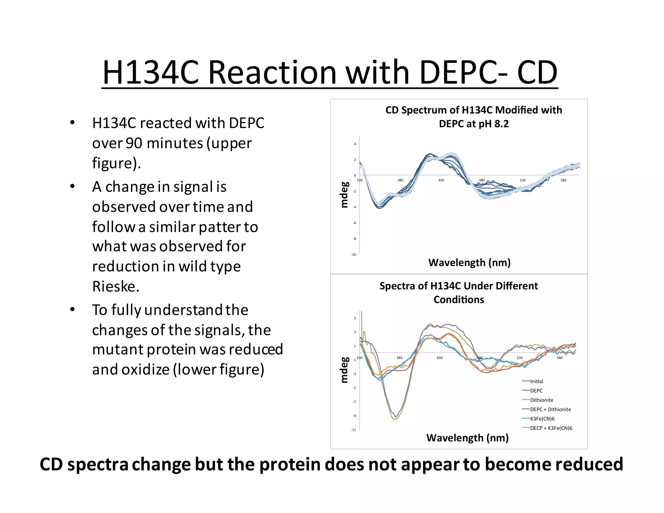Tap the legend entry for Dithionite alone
pyautogui.click(x=541, y=400)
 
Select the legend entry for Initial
pyautogui.click(x=536, y=381)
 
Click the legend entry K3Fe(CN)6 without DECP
pyautogui.click(x=542, y=419)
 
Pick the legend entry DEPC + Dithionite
pyautogui.click(x=550, y=409)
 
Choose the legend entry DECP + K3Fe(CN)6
pyautogui.click(x=551, y=428)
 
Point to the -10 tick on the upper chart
pyautogui.click(x=353, y=255)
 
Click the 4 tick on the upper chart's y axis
pyautogui.click(x=355, y=144)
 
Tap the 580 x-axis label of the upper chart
pyautogui.click(x=563, y=180)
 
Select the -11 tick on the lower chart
pyautogui.click(x=353, y=430)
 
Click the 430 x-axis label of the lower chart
pyautogui.click(x=439, y=358)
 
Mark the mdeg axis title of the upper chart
pyautogui.click(x=344, y=195)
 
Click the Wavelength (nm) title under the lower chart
pyautogui.click(x=467, y=438)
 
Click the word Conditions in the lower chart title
pyautogui.click(x=458, y=300)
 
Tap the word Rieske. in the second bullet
pyautogui.click(x=116, y=287)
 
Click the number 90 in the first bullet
pyautogui.click(x=134, y=143)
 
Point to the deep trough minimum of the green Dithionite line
pyautogui.click(x=394, y=419)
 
